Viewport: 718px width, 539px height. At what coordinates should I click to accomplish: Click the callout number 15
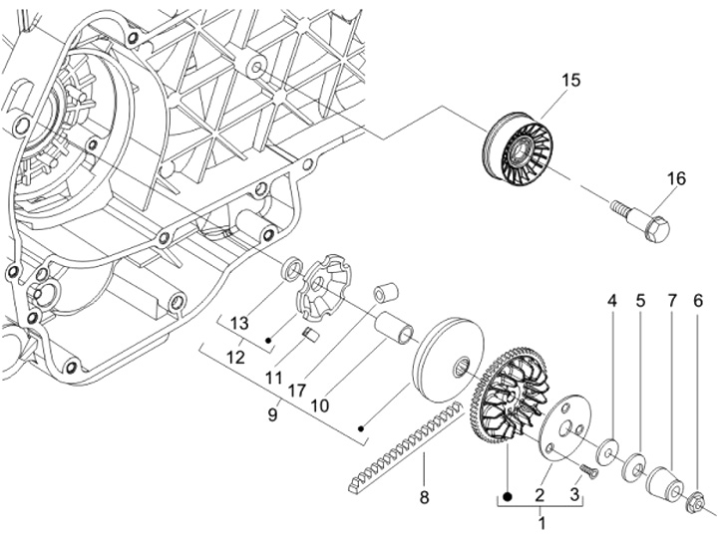tap(569, 80)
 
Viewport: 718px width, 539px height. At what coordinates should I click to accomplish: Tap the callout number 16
tap(676, 178)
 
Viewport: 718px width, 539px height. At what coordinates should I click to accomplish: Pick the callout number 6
tap(699, 299)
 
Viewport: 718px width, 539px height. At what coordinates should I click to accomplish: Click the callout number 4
tap(613, 299)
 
